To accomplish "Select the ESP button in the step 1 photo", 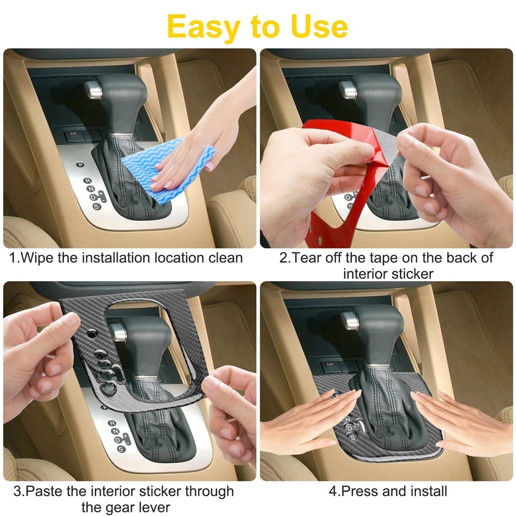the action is [x=73, y=135].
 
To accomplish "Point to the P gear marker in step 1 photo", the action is [x=80, y=165].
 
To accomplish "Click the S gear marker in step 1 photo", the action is [x=96, y=207].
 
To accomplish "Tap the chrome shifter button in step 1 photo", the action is [x=93, y=89].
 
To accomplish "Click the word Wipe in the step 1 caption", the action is [x=37, y=257].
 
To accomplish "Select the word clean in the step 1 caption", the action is [x=226, y=258].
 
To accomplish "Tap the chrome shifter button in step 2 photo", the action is [x=348, y=89].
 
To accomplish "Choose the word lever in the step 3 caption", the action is [x=154, y=507].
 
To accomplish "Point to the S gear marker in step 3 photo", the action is [x=121, y=449].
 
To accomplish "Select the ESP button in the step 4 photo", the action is [x=330, y=365].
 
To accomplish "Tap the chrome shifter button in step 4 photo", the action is [x=350, y=320].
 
